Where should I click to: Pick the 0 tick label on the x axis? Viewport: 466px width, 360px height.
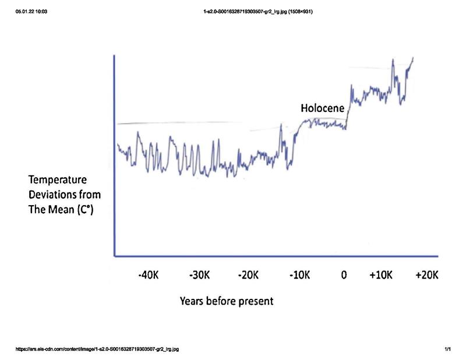[344, 274]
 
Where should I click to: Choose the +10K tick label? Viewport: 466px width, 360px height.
[381, 274]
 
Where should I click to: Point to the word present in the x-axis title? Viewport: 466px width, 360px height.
[255, 302]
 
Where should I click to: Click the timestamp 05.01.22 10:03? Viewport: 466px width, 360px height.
[32, 11]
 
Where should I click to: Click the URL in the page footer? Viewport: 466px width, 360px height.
[98, 350]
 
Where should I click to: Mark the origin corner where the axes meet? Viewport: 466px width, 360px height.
[115, 255]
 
